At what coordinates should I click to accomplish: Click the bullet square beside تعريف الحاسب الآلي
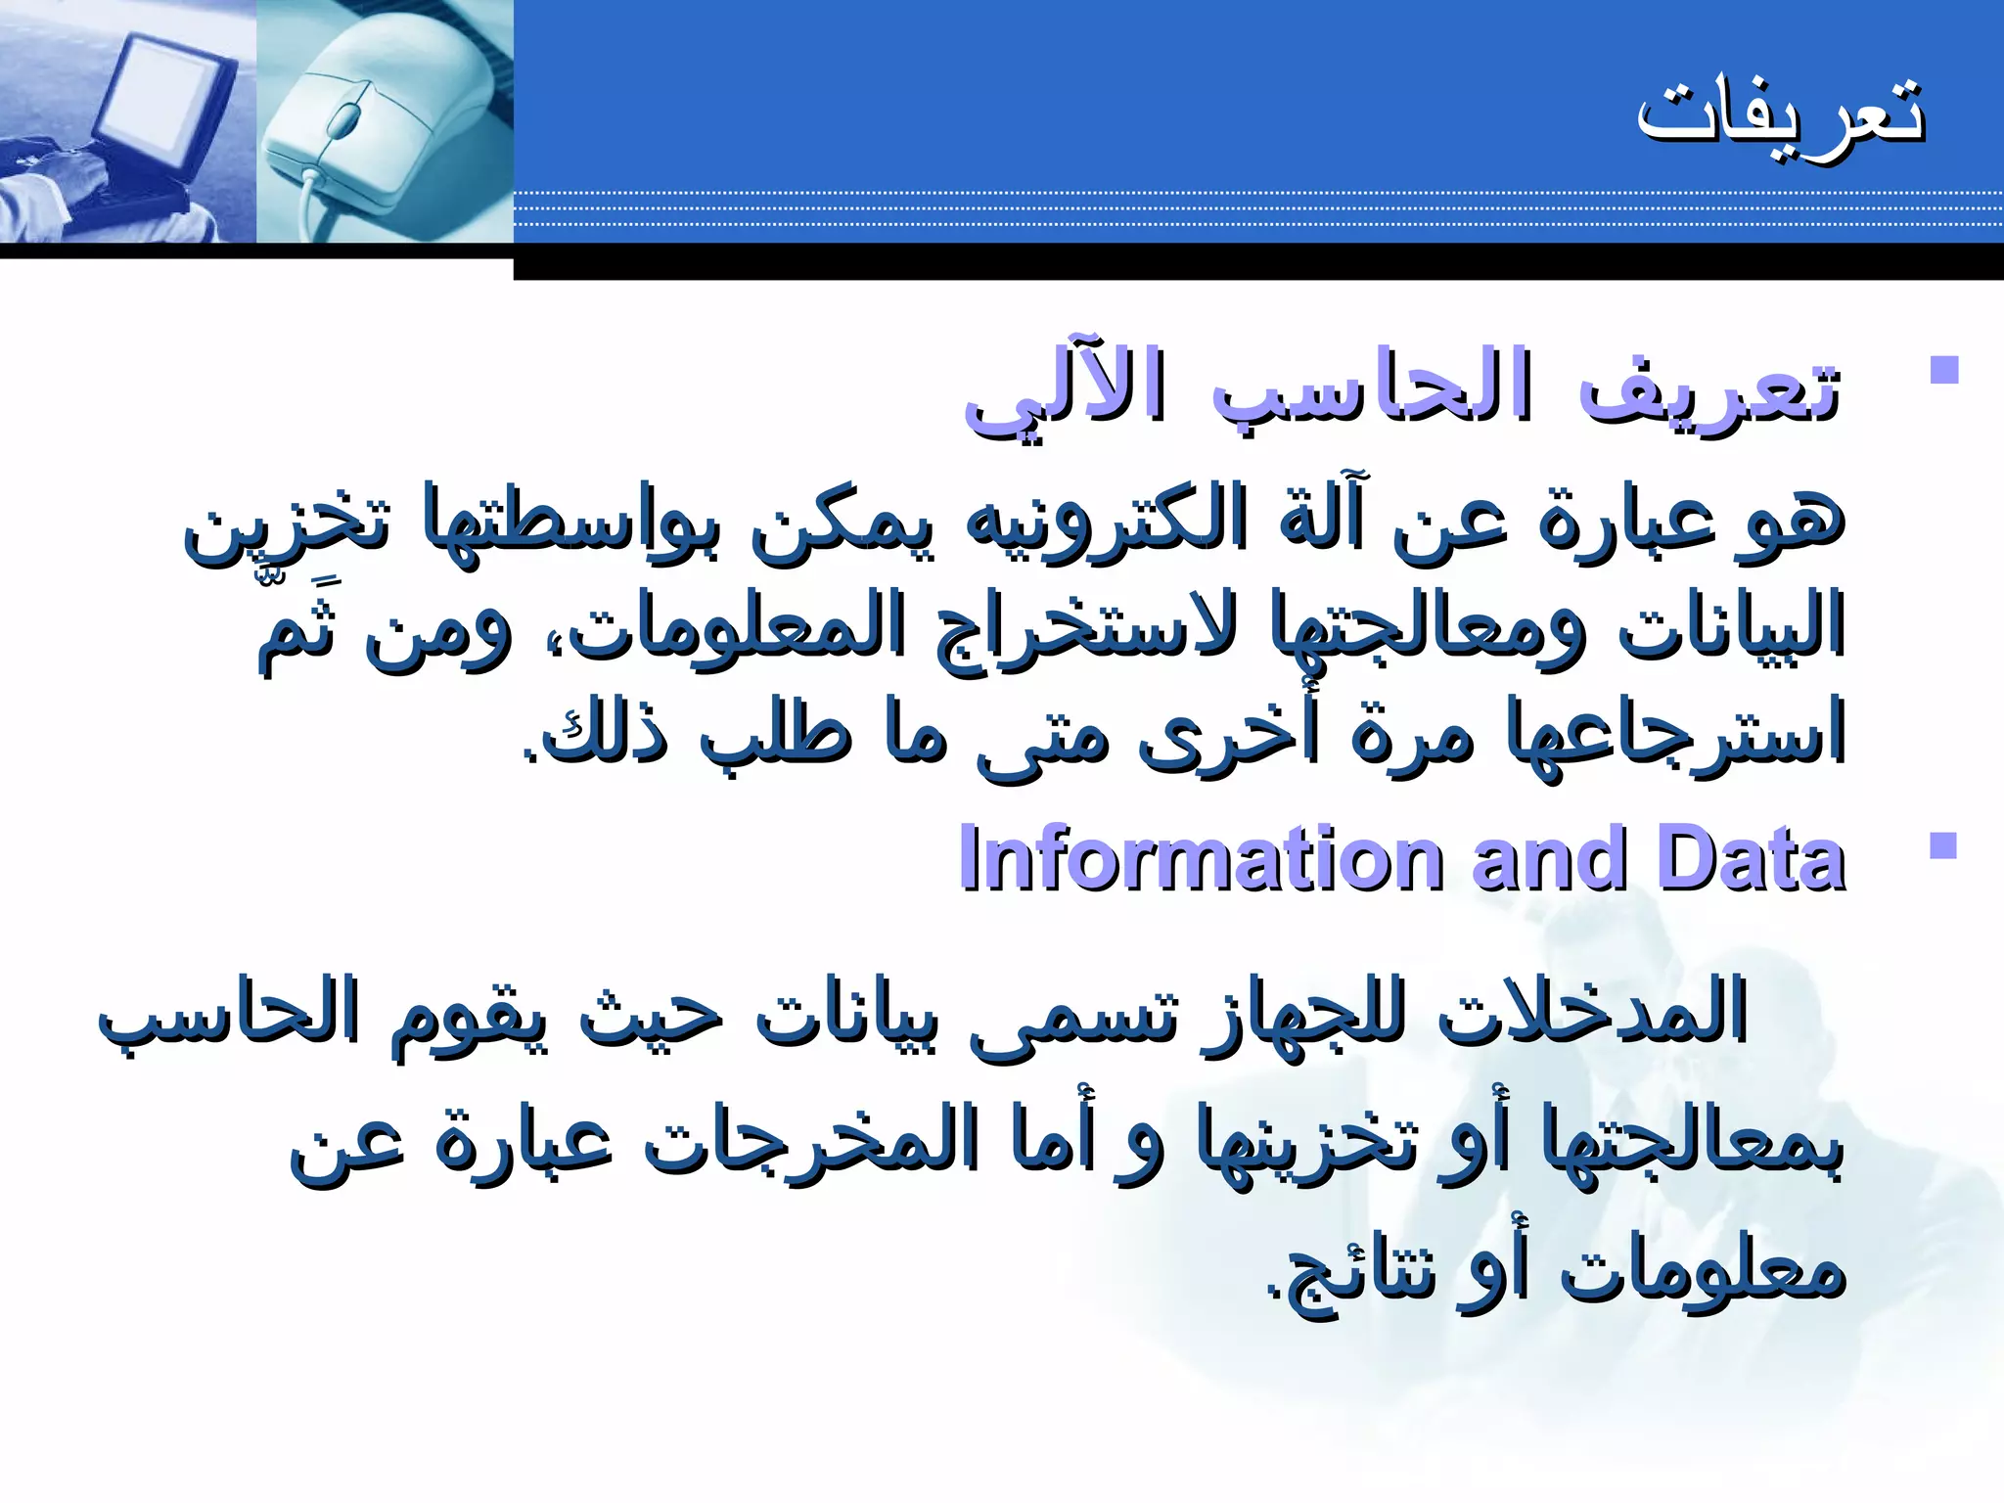click(x=1943, y=370)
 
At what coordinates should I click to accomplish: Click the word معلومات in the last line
click(x=1703, y=1272)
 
